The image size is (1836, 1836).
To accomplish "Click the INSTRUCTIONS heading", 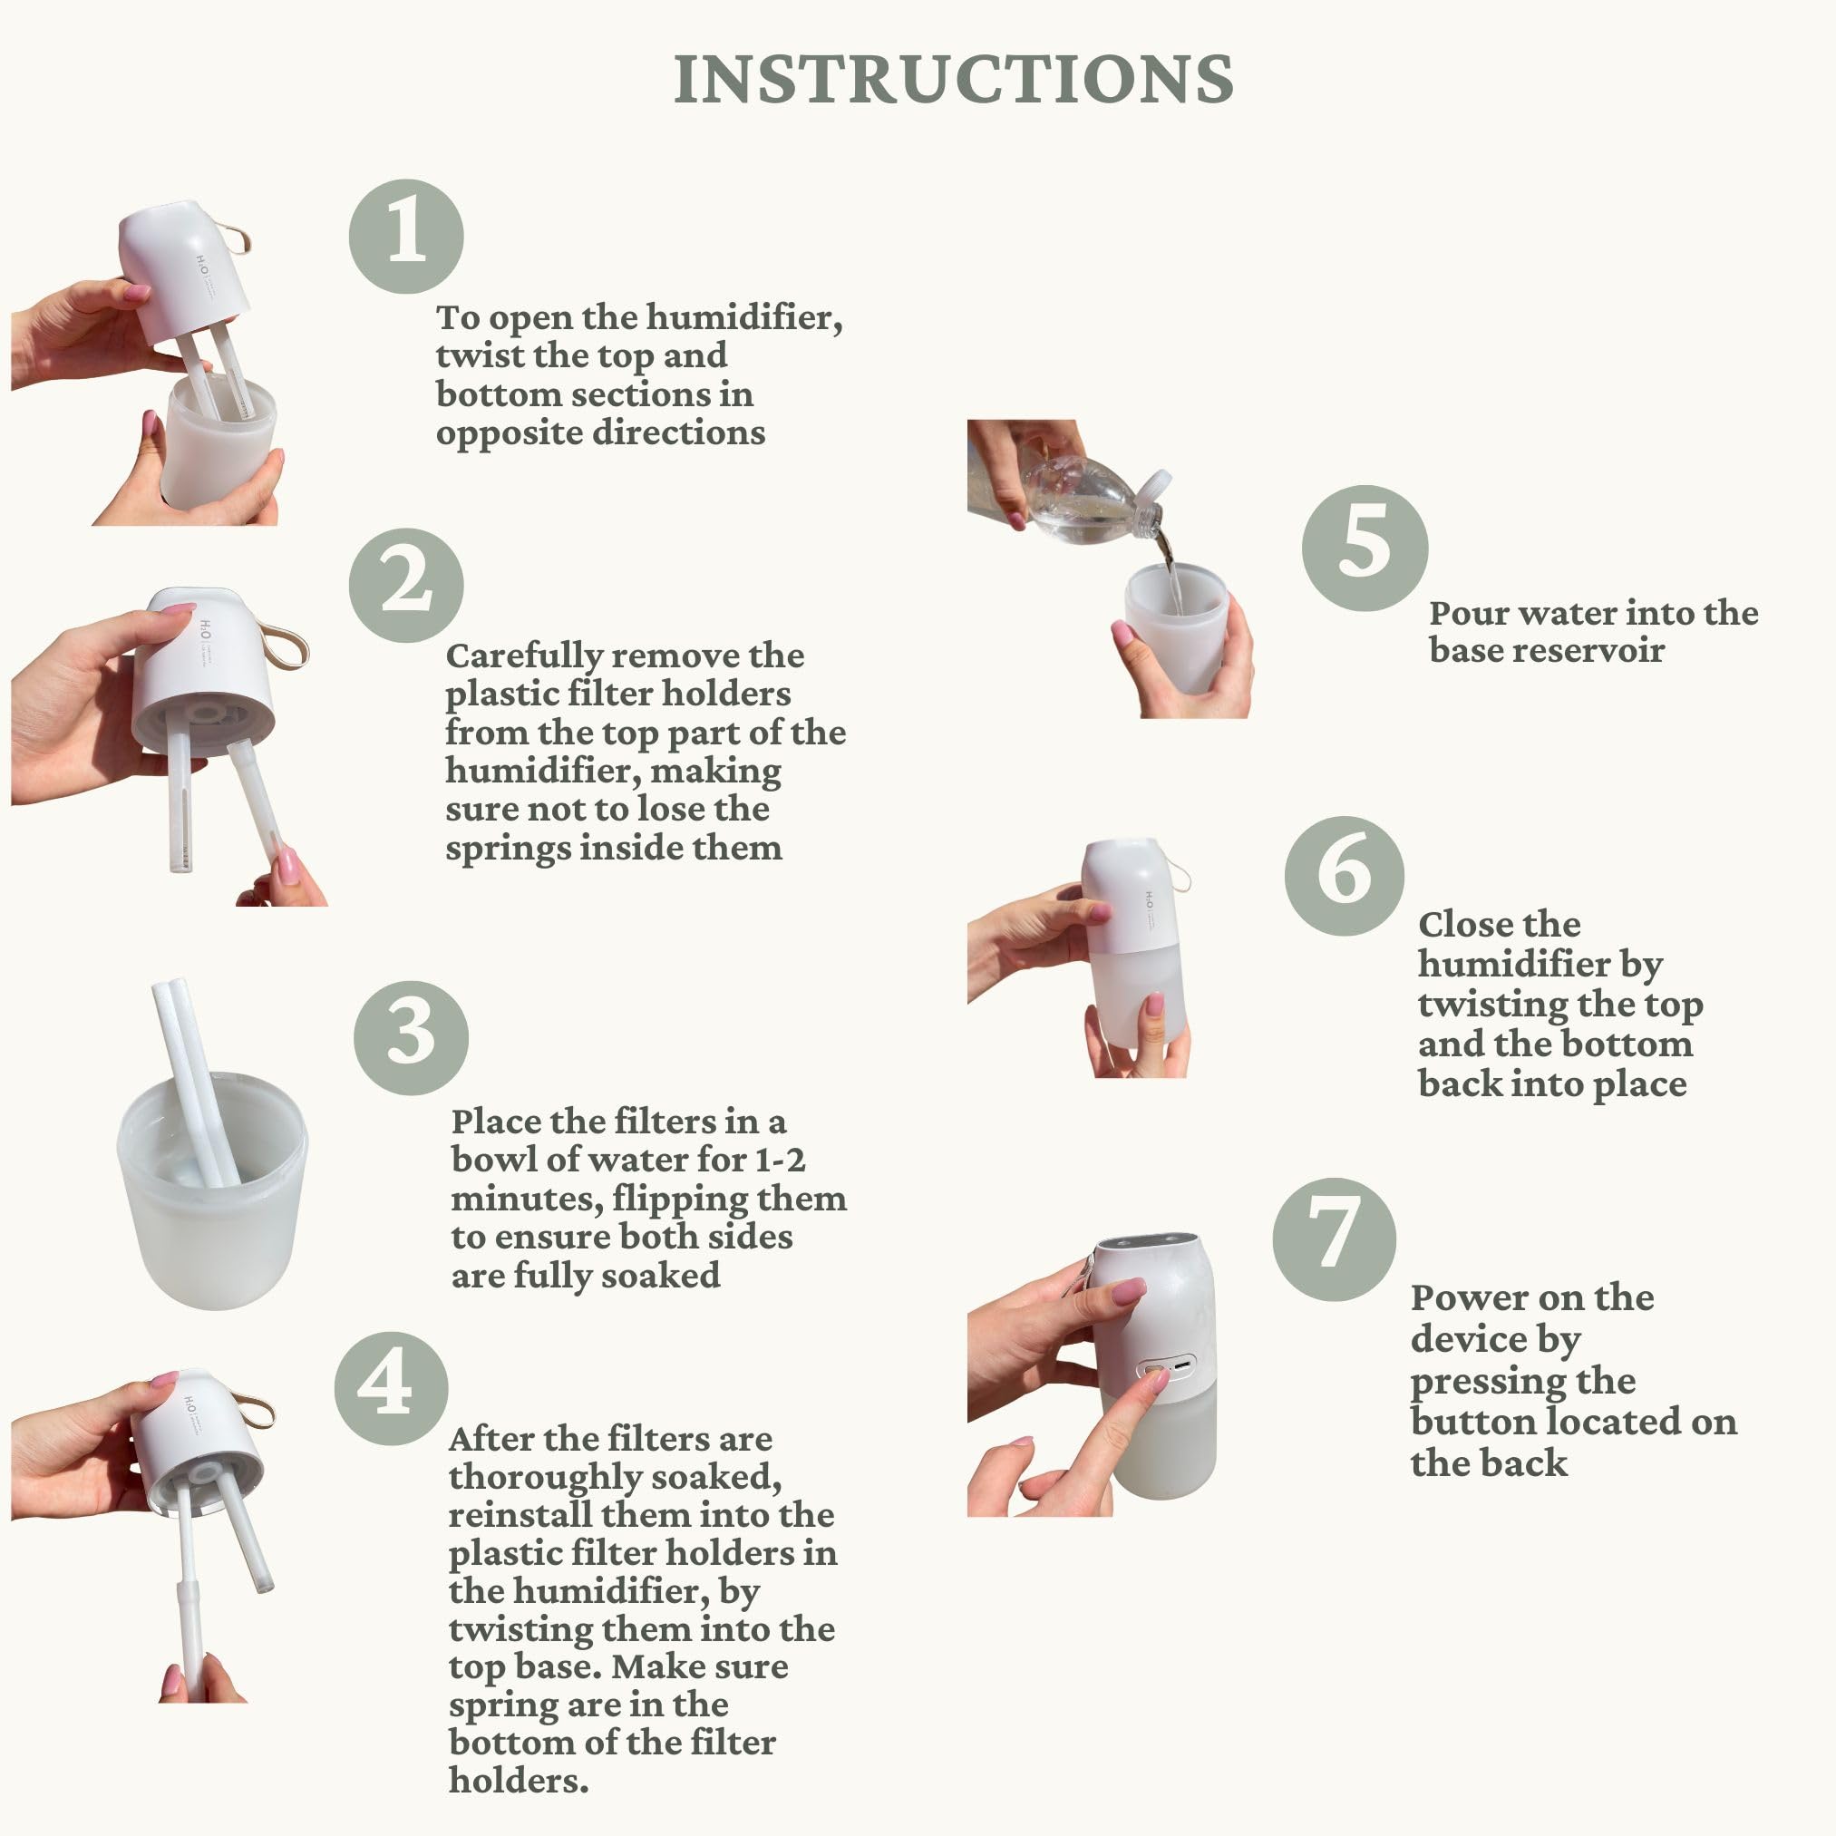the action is [x=953, y=79].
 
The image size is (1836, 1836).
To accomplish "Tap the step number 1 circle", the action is [x=406, y=236].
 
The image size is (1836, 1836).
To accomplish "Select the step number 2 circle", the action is [x=406, y=586].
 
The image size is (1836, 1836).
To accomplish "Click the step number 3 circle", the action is [x=411, y=1039].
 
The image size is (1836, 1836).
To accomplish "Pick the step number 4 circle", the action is [x=392, y=1388].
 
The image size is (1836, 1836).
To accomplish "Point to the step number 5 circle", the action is [x=1365, y=549].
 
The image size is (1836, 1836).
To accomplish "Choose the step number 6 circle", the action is [x=1344, y=876].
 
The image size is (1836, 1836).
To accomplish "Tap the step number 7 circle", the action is [x=1335, y=1239].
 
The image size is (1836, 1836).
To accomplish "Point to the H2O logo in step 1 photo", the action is [x=202, y=264].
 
